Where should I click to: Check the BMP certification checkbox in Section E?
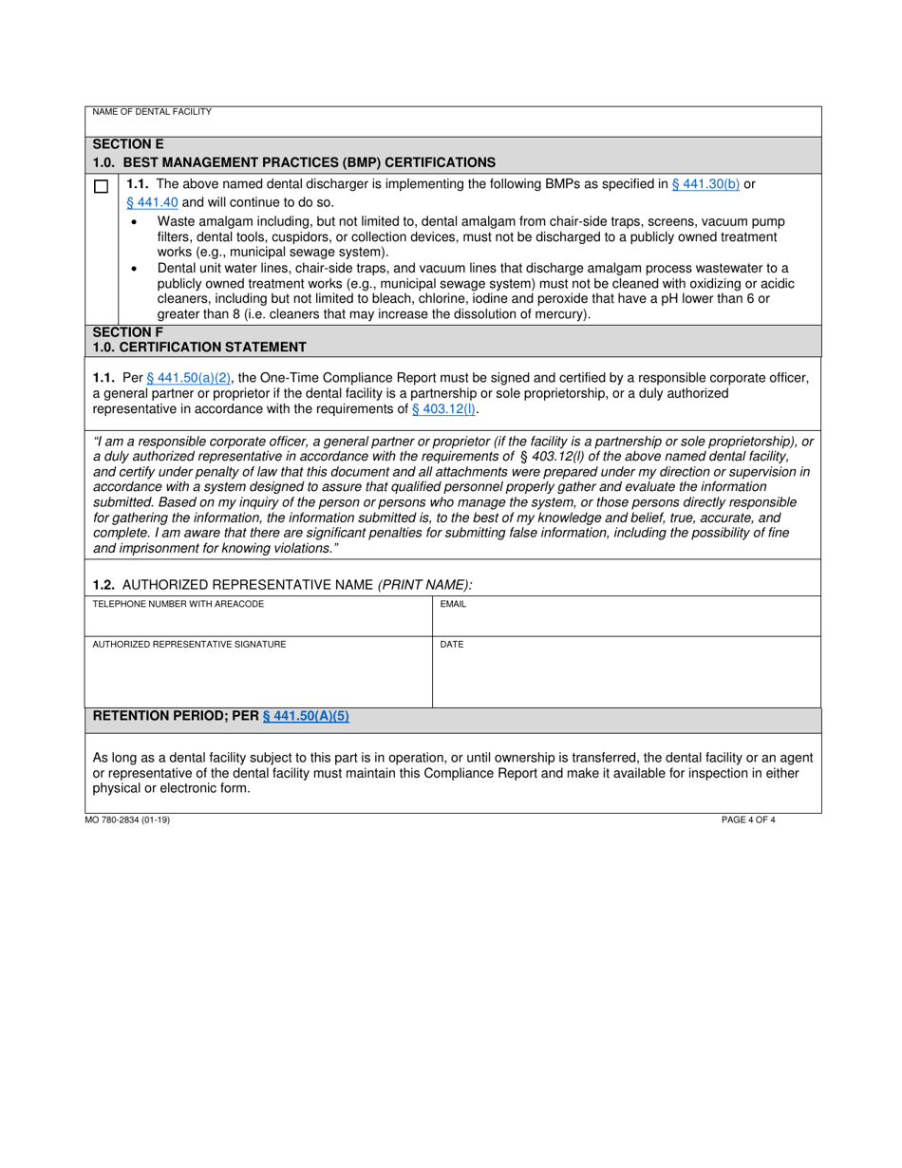[x=101, y=187]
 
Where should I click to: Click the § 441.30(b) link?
[x=705, y=184]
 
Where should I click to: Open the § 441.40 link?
[x=152, y=202]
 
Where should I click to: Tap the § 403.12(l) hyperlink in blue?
[x=444, y=409]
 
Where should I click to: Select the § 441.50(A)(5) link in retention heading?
[x=306, y=716]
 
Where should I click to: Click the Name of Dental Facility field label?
[x=152, y=112]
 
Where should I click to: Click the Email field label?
[x=453, y=604]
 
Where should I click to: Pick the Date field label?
[x=452, y=645]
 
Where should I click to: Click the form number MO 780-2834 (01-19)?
[x=131, y=819]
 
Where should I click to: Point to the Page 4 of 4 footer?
[x=748, y=819]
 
